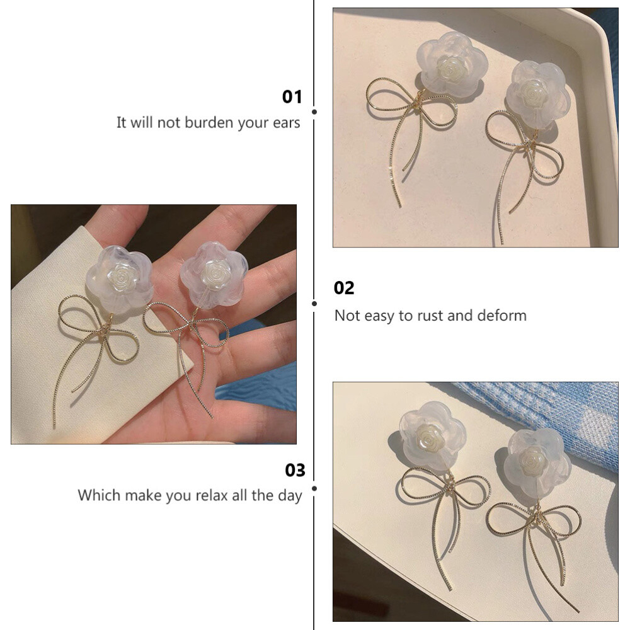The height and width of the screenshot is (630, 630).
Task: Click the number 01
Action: click(292, 97)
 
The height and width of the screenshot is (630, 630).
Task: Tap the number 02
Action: click(344, 288)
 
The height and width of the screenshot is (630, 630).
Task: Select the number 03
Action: click(295, 470)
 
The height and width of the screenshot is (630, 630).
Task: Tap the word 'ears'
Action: click(287, 123)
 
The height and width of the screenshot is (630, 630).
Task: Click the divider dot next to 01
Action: click(314, 112)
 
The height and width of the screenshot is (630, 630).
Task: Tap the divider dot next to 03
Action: click(314, 489)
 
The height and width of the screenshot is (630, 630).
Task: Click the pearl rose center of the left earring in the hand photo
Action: click(120, 277)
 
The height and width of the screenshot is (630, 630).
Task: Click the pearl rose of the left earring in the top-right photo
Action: click(450, 68)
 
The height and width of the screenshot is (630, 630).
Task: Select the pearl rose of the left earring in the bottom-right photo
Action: click(429, 438)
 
